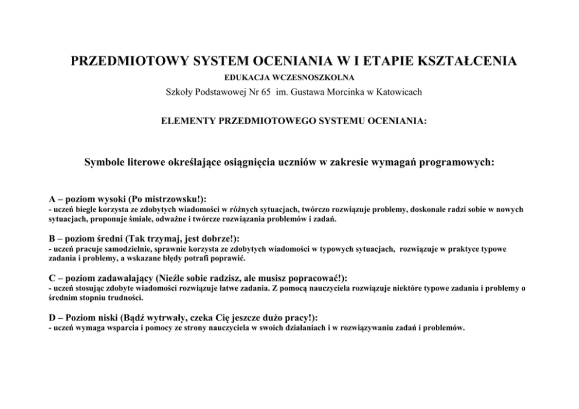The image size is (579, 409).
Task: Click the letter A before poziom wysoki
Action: pyautogui.click(x=51, y=199)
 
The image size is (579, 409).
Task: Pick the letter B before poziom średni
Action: pyautogui.click(x=51, y=238)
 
